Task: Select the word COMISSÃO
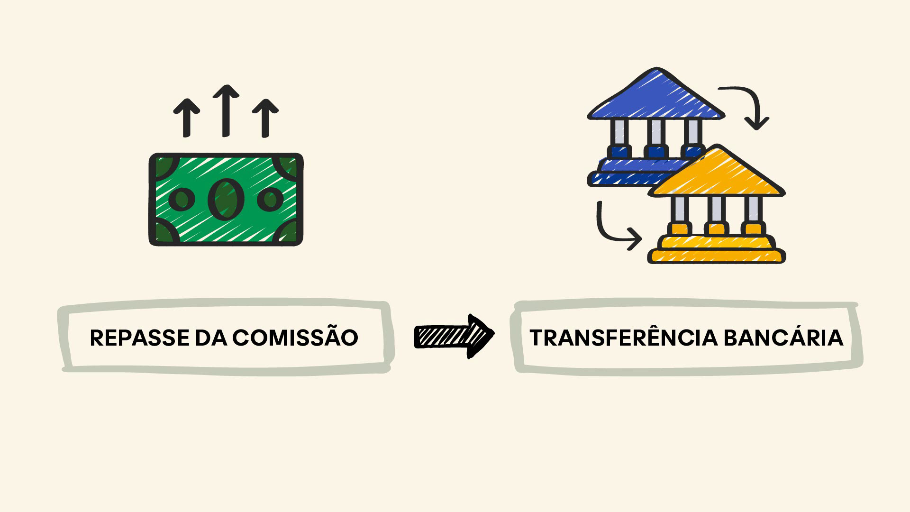pos(295,338)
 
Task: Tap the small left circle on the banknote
pos(182,199)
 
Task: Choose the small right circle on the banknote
pos(271,199)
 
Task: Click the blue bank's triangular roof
pos(656,97)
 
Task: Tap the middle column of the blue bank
pos(656,132)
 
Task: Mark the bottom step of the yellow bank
pos(717,256)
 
